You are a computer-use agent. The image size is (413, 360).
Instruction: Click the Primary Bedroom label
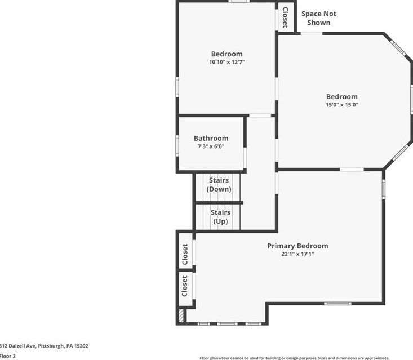297,246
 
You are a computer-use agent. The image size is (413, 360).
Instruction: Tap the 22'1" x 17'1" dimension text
297,254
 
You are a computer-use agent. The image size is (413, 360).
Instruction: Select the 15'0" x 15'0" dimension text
341,105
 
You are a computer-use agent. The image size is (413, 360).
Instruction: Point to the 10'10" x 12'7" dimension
227,62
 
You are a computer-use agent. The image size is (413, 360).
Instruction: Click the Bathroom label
211,138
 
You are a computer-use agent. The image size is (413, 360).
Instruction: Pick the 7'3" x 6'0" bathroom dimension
211,146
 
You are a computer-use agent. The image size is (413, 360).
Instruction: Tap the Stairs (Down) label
219,185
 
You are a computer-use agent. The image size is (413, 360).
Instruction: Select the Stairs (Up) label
220,217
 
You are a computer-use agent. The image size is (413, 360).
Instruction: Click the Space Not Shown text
318,18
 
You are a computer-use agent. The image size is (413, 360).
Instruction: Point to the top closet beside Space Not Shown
285,17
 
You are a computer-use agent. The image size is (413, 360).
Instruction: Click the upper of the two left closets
185,255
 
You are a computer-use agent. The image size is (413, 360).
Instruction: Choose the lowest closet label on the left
184,286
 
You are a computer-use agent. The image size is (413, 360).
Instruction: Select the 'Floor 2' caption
8,356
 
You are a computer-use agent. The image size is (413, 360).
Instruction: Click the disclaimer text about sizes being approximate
294,358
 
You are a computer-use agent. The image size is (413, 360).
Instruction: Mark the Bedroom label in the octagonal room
341,96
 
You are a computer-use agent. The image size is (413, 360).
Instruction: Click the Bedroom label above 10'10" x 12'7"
227,54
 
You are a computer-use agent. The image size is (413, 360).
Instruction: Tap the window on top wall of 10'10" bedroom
239,2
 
